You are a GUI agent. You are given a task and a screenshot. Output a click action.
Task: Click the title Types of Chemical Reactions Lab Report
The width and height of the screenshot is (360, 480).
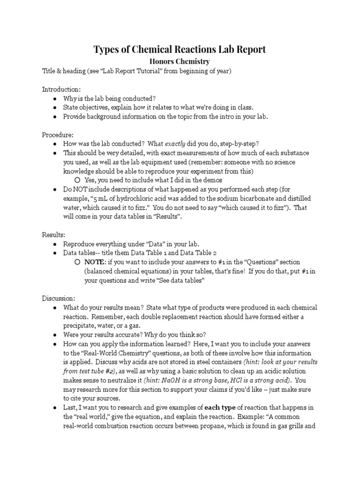click(180, 49)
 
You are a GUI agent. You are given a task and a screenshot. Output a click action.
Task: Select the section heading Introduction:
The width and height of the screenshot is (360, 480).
click(61, 89)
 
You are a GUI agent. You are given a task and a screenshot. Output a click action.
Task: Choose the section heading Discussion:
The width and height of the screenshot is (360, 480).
click(59, 298)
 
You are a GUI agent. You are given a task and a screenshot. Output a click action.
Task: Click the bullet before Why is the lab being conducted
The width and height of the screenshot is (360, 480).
click(55, 98)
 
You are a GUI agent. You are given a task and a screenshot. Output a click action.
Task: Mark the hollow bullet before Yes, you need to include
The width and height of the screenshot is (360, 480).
click(77, 180)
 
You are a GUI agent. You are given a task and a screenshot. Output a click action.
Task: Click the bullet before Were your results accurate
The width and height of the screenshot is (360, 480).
click(55, 335)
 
